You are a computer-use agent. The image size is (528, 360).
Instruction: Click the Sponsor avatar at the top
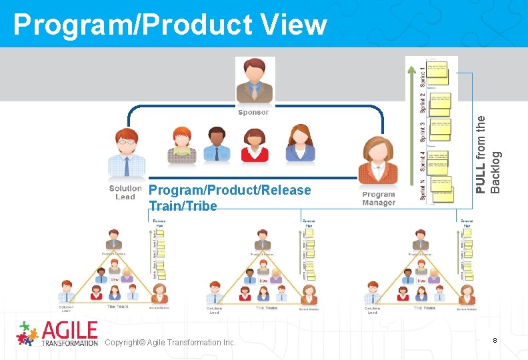tap(253, 81)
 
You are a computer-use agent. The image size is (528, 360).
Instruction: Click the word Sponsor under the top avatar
tap(253, 113)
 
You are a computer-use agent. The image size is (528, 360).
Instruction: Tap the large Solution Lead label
tap(125, 193)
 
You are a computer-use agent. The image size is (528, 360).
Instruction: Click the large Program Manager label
tap(379, 199)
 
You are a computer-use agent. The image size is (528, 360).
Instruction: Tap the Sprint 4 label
tap(423, 160)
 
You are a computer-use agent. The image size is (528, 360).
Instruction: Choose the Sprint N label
tap(423, 189)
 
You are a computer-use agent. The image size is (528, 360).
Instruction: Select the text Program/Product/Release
tap(230, 191)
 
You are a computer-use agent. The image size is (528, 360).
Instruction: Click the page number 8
tap(494, 341)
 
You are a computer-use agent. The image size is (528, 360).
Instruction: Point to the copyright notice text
tap(170, 342)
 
